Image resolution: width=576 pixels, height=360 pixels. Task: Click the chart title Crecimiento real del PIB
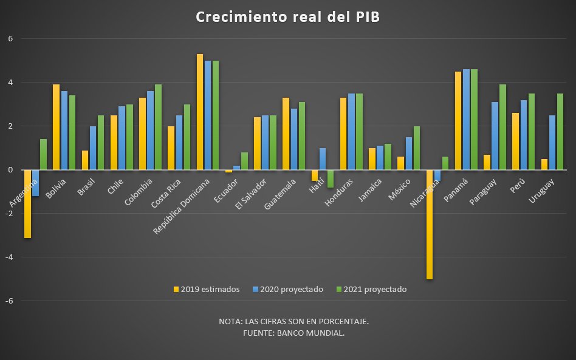pyautogui.click(x=288, y=17)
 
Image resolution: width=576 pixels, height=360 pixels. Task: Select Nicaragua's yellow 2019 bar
pyautogui.click(x=429, y=225)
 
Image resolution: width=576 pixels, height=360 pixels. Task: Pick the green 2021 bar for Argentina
pyautogui.click(x=43, y=155)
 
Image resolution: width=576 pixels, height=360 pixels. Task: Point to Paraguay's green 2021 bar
pyautogui.click(x=502, y=127)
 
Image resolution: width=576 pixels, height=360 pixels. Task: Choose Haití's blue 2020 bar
pyautogui.click(x=323, y=159)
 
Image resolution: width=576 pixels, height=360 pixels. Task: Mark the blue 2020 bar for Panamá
pyautogui.click(x=465, y=120)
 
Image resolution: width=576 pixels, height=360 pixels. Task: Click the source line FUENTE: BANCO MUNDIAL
pyautogui.click(x=293, y=333)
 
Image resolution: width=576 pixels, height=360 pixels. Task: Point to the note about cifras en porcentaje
pyautogui.click(x=293, y=321)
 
